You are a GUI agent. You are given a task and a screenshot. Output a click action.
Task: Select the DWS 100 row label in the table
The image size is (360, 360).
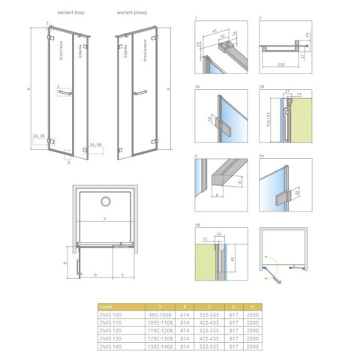coord(110,313)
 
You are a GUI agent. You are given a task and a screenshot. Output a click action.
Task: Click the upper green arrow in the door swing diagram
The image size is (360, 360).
coord(280,262)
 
